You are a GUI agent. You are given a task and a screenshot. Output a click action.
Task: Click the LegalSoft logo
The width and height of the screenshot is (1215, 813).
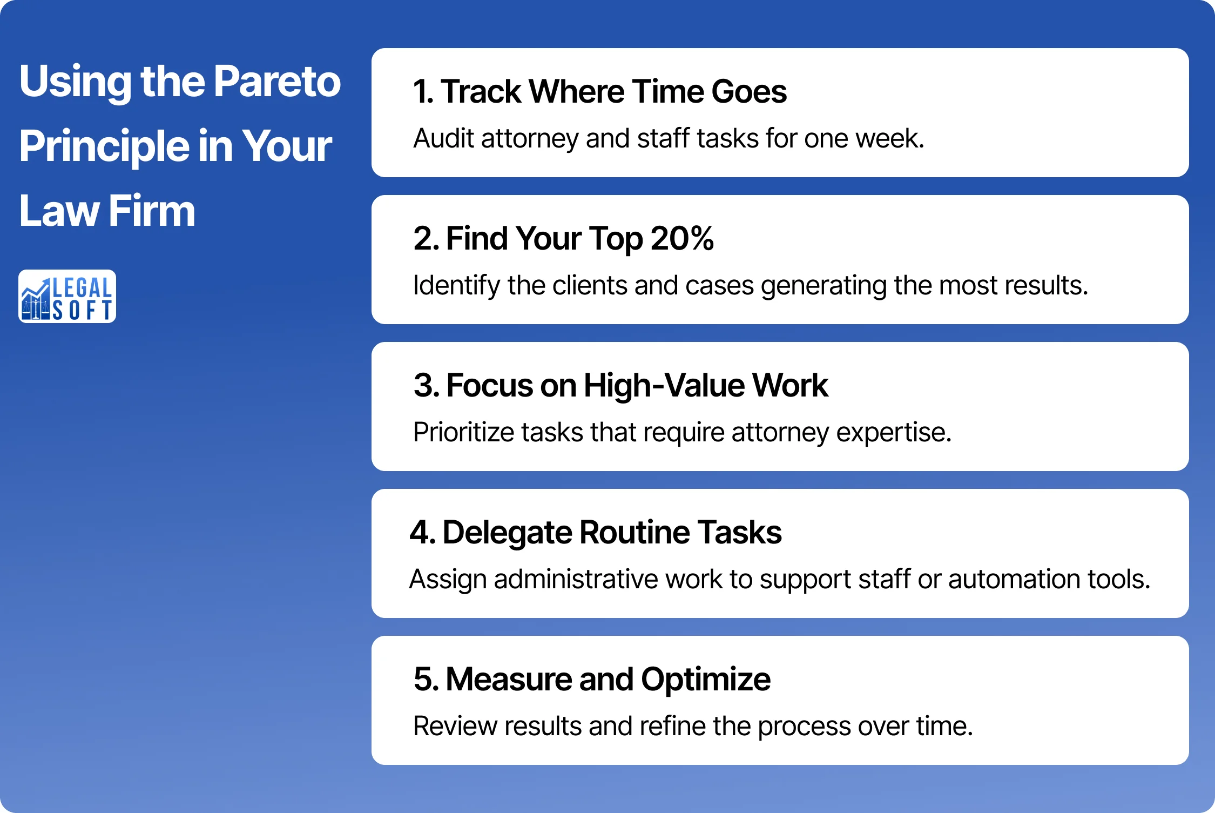coord(67,296)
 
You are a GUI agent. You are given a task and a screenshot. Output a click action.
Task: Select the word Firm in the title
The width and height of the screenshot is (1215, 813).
coord(152,211)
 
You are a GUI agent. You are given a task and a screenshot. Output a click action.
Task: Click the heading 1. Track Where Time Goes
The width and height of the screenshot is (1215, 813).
coord(599,91)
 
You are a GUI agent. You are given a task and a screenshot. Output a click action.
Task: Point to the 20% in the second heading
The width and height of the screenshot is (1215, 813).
coord(682,238)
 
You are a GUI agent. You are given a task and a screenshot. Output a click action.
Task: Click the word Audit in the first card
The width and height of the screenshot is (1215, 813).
coord(443,138)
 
